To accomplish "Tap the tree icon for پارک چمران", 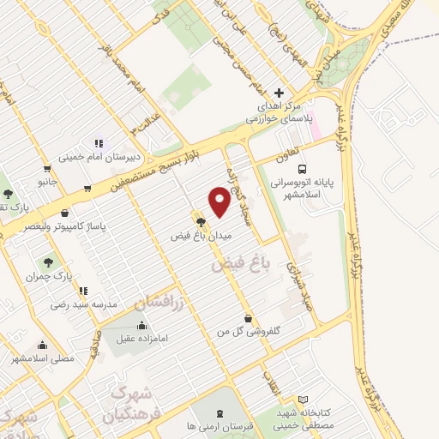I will (46, 262).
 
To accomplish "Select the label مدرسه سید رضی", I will (81, 304).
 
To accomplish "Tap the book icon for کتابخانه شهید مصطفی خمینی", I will (302, 399).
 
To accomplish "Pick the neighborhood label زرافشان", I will (153, 301).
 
